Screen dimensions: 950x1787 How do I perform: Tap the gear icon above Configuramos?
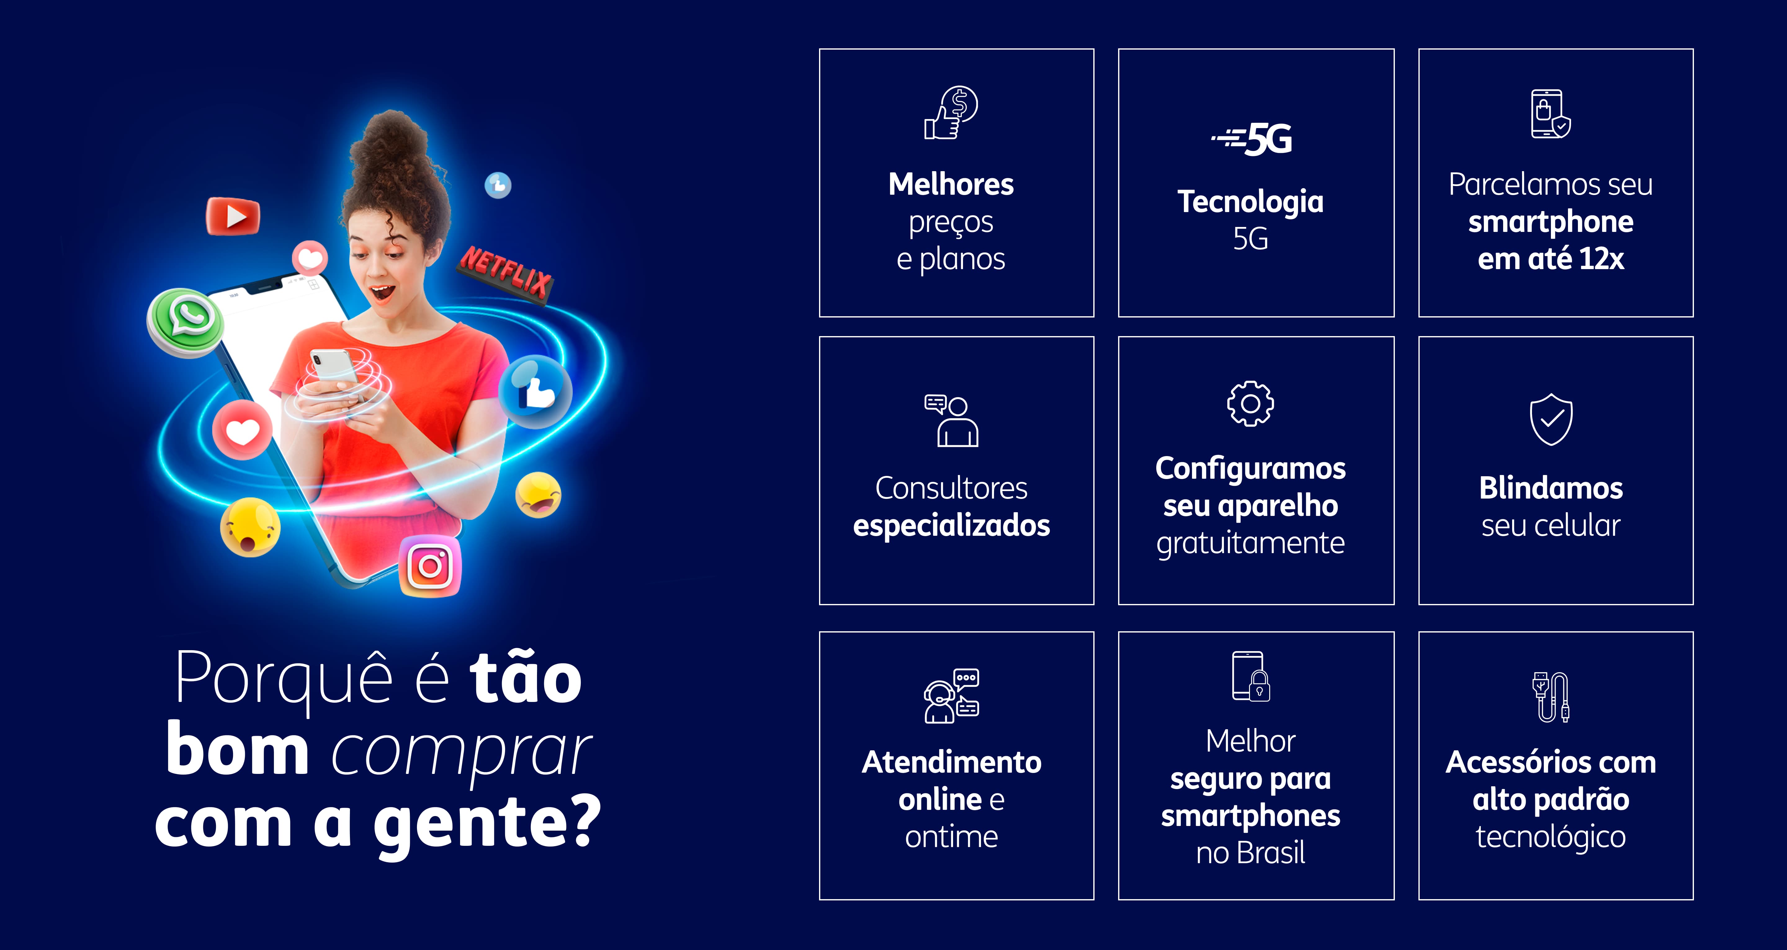coord(1250,404)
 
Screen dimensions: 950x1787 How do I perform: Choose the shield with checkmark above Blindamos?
coord(1551,420)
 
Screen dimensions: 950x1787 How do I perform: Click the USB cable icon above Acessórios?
coord(1551,697)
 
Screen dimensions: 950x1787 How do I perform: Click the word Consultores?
coord(951,488)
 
